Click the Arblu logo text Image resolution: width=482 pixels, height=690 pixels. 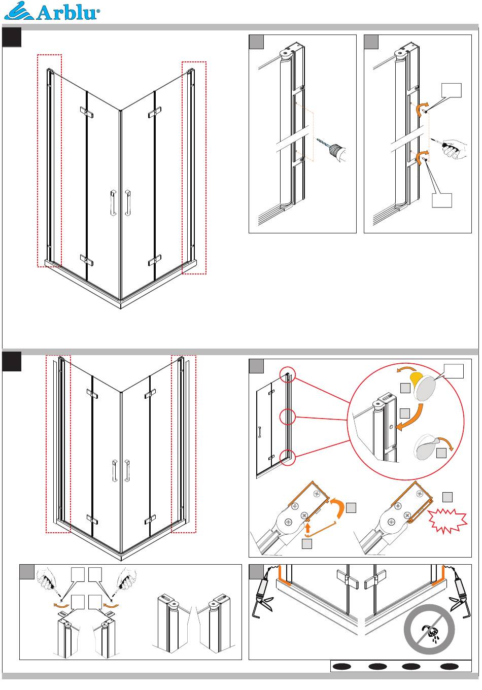coord(68,13)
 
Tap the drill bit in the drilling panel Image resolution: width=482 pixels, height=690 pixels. coord(323,143)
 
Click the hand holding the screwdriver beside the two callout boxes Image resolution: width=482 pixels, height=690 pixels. coord(454,149)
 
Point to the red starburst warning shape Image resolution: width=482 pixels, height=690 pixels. coord(447,521)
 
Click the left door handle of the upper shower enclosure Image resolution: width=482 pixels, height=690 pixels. coord(113,203)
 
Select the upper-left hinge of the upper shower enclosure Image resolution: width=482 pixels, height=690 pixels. coord(87,112)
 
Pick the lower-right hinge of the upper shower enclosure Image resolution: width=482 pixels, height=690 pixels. coord(155,260)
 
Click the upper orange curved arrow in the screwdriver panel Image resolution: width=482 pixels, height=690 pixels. coord(422,108)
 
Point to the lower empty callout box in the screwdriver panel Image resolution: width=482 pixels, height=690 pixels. coord(441,200)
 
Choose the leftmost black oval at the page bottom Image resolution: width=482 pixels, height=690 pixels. coord(342,666)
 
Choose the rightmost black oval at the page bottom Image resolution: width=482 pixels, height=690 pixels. coord(450,666)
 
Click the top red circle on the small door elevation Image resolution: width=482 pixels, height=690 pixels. coord(288,374)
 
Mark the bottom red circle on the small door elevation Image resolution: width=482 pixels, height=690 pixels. coord(288,457)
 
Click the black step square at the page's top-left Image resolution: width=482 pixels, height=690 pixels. coord(12,37)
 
